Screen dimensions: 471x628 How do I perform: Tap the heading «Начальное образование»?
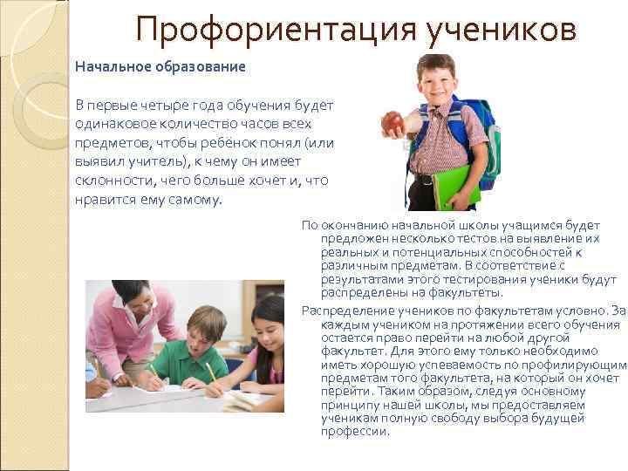(160, 66)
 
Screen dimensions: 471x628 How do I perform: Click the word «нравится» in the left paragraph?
(105, 199)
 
